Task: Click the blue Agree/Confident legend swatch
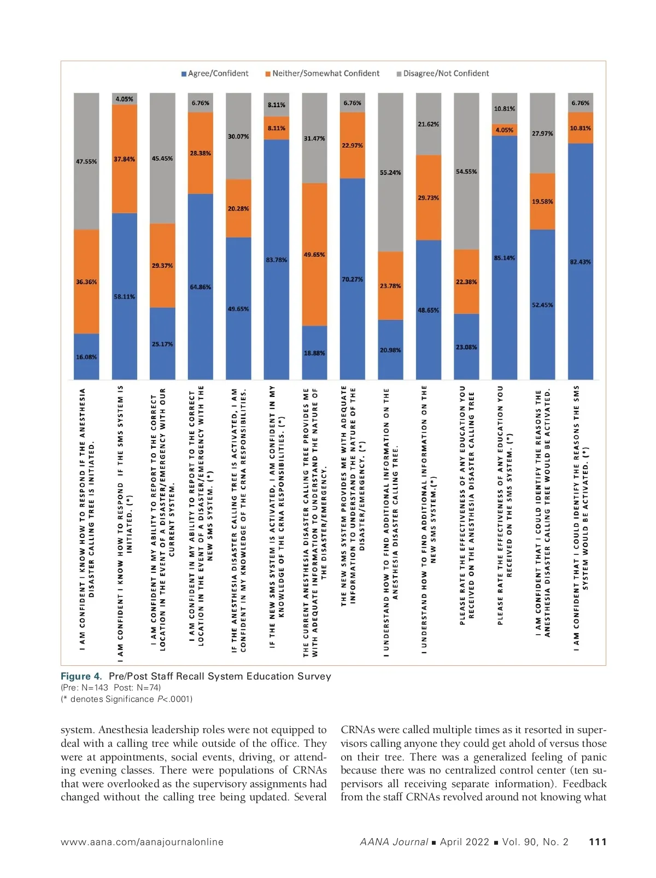(184, 74)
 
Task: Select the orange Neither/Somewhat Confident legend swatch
(268, 74)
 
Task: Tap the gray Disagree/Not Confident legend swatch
(399, 74)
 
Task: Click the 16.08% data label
(86, 357)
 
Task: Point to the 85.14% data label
(505, 258)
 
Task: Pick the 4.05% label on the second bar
(124, 99)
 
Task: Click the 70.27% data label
(353, 279)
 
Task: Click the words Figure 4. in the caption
(81, 676)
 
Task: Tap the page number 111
(598, 842)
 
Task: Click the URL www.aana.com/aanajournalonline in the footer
(142, 842)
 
